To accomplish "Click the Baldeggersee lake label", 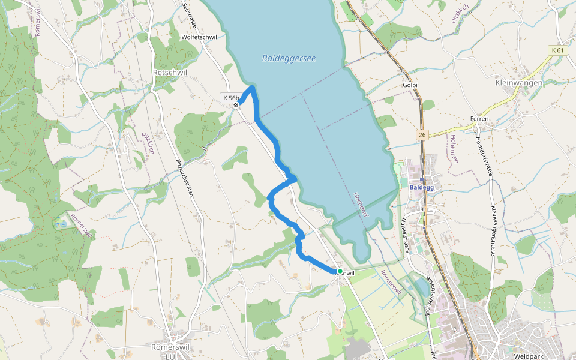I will (x=289, y=58).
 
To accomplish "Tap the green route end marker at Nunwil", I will (x=340, y=271).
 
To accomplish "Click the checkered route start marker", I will (x=237, y=106).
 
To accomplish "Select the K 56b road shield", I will (x=230, y=98).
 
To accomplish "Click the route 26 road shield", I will (x=423, y=136).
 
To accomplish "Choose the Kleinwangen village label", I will (x=519, y=83).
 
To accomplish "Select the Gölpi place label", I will (x=410, y=86).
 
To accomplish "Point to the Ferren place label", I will (x=479, y=119).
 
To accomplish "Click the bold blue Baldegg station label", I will (x=421, y=187).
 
